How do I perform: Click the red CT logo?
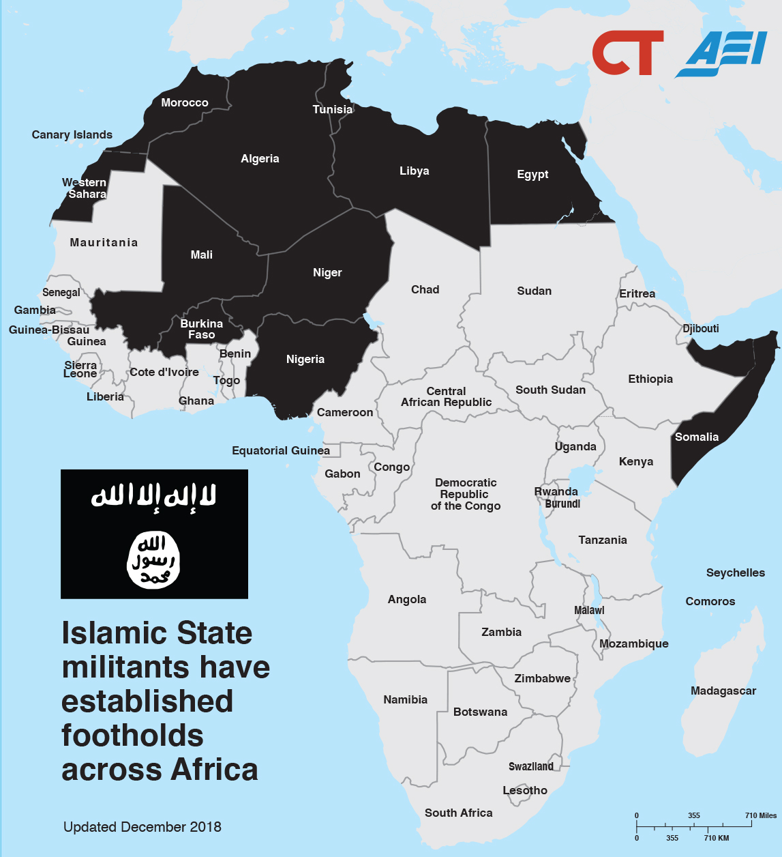point(627,53)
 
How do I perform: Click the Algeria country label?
point(260,158)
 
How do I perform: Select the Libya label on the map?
point(414,171)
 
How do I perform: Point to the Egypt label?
point(532,174)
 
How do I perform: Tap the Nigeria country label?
point(305,359)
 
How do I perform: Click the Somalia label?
point(697,437)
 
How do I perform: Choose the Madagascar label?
point(723,691)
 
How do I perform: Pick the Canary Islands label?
point(72,134)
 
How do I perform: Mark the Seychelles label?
point(736,572)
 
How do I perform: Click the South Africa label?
point(458,813)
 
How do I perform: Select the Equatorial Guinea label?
point(281,450)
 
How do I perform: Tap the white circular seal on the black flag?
point(153,560)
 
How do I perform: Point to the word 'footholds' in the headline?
point(132,736)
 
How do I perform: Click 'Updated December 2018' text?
point(142,827)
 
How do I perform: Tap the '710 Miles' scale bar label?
point(760,815)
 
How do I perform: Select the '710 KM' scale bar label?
point(717,838)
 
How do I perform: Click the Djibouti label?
point(701,328)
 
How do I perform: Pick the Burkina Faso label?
point(202,329)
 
